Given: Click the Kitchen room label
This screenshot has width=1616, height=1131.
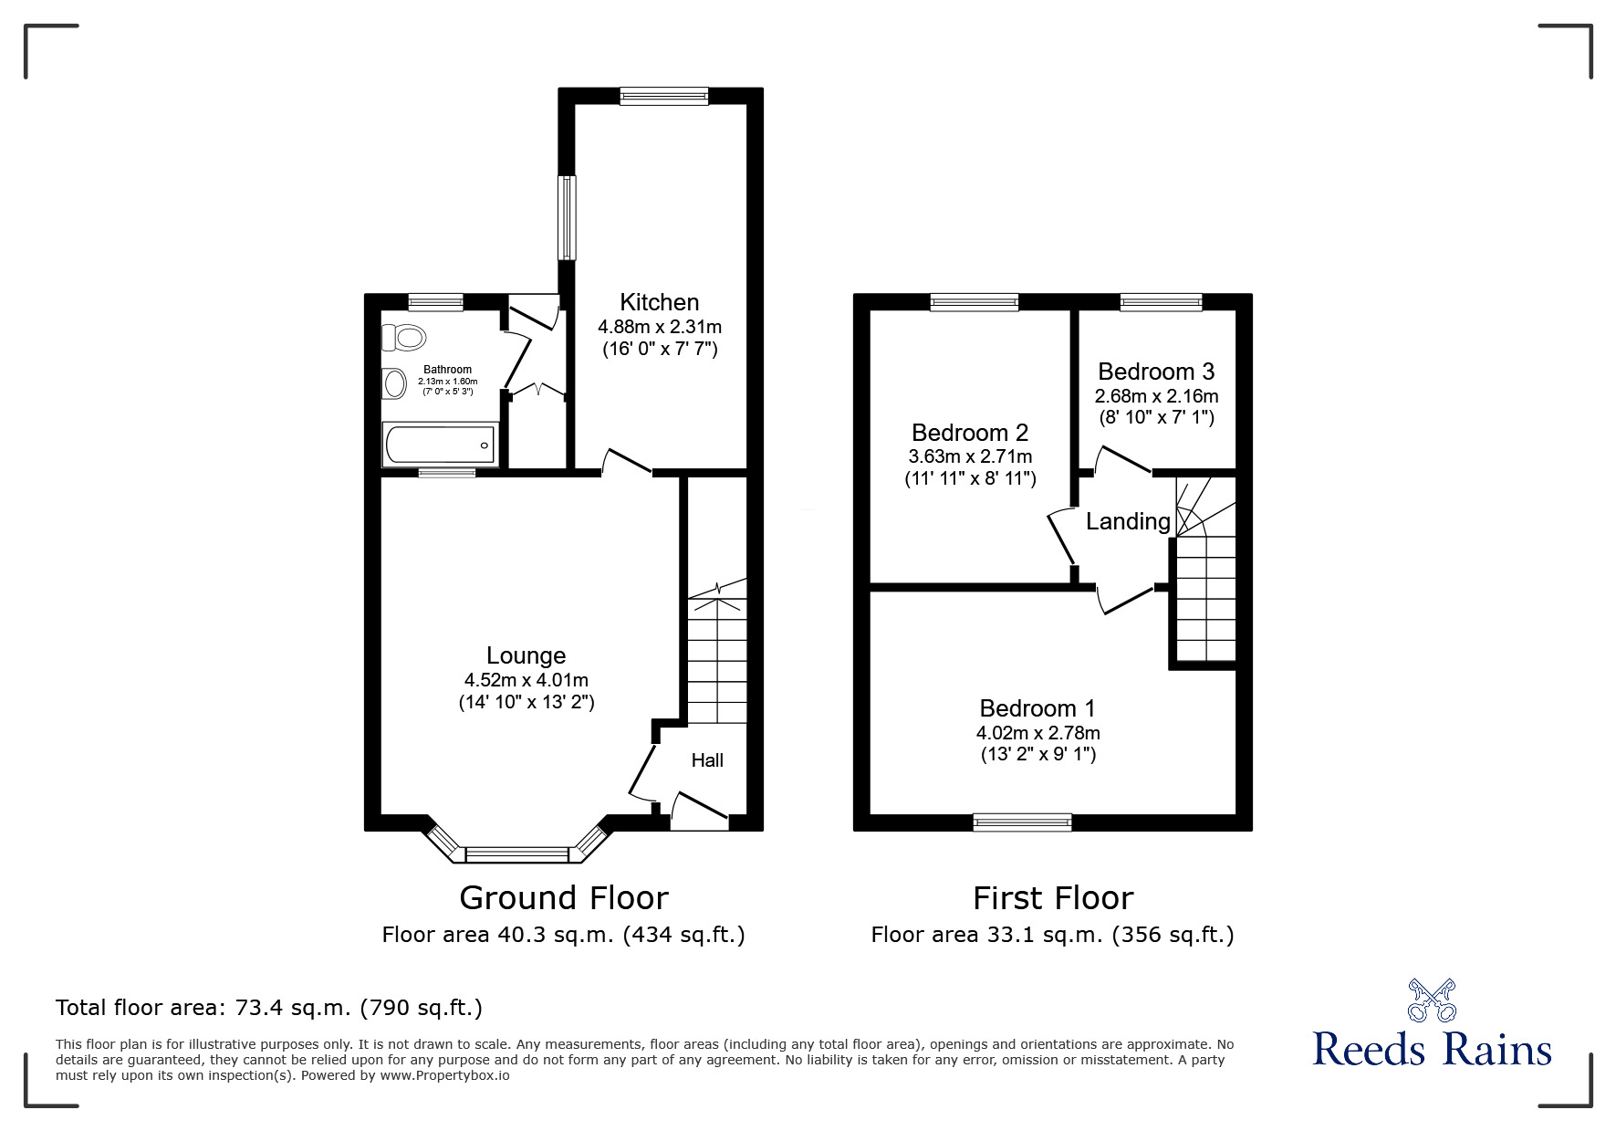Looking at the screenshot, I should coord(659,302).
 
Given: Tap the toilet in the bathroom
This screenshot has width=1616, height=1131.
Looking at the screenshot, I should coord(404,338).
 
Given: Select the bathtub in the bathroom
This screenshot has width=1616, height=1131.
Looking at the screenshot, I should coord(440,446).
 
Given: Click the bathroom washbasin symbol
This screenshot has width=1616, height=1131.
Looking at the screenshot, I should coord(394,383).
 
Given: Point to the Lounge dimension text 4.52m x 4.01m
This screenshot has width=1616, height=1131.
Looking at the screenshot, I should coord(526,680).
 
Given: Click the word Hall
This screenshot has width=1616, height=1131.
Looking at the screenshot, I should coord(707,760).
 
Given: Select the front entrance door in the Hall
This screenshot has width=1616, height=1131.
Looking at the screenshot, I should coord(700,812).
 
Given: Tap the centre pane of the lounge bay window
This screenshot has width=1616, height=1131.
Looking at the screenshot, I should coord(516,854).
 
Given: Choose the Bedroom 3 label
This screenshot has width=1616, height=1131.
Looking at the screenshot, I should coord(1155,372).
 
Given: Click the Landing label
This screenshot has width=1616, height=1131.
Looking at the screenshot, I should coord(1128,521).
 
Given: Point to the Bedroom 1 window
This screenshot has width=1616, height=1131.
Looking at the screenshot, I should coord(1022,822).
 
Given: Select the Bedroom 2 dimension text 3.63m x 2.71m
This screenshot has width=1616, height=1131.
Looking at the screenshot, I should coord(970,456).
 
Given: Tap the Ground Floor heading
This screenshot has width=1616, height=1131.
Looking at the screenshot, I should coord(563,898).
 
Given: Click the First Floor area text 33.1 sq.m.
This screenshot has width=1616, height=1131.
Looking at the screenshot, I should coord(1052,935).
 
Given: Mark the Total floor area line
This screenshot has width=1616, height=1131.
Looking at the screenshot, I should coord(269,1008).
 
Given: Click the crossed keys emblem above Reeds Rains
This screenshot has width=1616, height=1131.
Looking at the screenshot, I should coord(1432,1000).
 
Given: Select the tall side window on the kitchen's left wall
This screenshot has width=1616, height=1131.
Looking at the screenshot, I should coord(568,217).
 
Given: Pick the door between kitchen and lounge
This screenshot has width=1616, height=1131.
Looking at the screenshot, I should coord(626,463).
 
